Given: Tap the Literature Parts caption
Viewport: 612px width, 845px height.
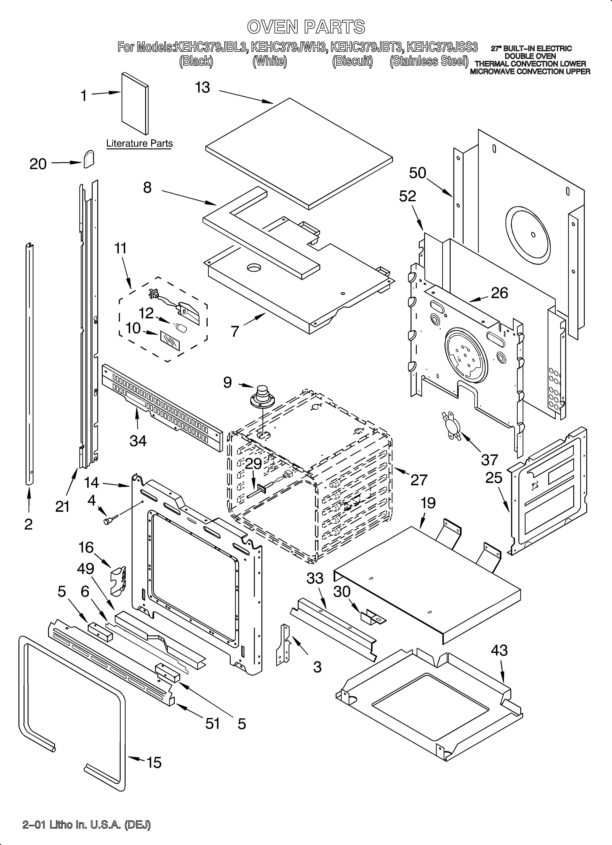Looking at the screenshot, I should coord(139,143).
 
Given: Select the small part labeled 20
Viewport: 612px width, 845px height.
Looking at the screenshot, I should coord(89,159).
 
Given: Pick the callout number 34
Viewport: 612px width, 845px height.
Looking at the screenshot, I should coord(138,441).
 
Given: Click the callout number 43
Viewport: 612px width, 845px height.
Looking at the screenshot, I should coord(499,651).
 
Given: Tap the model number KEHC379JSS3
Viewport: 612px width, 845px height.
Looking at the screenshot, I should coord(442,48).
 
